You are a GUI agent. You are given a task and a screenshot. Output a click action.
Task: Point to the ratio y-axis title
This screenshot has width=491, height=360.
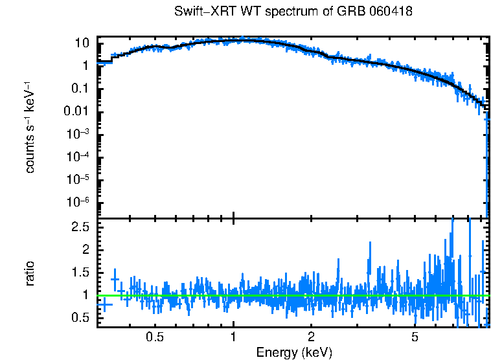click(30, 273)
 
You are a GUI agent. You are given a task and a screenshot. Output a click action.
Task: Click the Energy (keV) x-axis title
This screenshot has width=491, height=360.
click(294, 352)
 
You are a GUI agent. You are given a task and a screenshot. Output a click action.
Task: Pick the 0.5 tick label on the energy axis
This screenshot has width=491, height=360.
click(154, 337)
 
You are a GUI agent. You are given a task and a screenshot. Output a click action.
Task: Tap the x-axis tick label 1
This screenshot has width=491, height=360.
click(233, 337)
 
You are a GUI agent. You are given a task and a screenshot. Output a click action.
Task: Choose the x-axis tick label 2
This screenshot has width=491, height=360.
click(312, 337)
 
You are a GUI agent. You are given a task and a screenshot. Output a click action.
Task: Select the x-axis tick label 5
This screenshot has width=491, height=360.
click(415, 337)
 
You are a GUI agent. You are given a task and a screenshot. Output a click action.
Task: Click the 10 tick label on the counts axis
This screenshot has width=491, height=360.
click(82, 43)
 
